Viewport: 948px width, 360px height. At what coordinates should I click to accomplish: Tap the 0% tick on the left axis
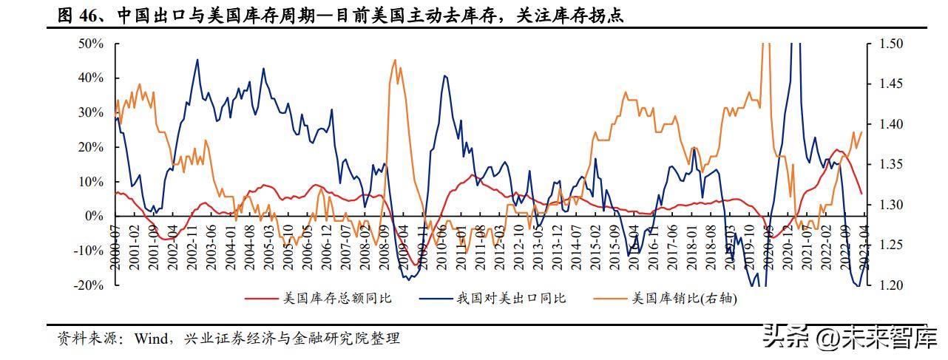coord(95,217)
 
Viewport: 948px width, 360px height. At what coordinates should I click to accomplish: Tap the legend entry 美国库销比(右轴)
coord(685,299)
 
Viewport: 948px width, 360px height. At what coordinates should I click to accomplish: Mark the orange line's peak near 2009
coord(395,60)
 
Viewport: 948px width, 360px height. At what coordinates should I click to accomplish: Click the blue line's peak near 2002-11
coord(197,59)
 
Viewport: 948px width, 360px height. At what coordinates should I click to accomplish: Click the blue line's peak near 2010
coord(445,75)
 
